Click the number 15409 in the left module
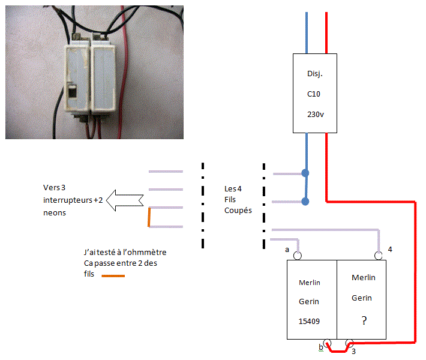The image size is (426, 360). coord(309,321)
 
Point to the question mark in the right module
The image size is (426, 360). coord(364,321)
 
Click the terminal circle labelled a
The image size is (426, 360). coord(298,256)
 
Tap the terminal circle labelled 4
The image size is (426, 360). coord(379,256)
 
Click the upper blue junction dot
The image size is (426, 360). coord(305,173)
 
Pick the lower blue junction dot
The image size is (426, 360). coord(305,202)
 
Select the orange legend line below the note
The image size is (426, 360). coord(113,277)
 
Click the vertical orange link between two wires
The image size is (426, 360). coord(149,217)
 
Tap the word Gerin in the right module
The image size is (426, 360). coord(362,298)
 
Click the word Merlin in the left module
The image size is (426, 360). coord(309,283)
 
